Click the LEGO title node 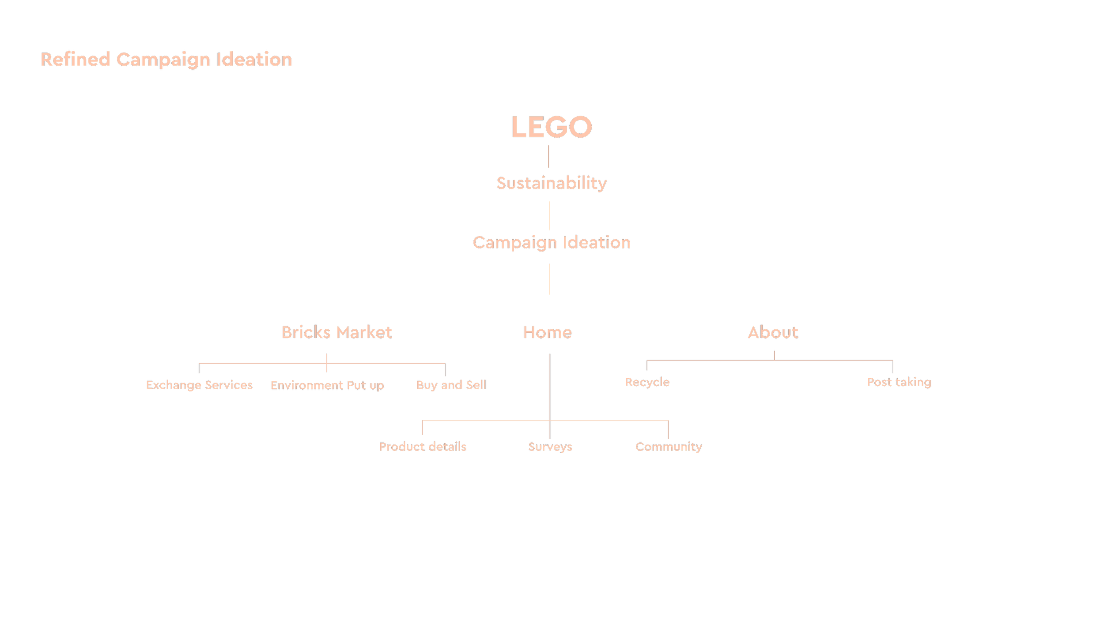[551, 127]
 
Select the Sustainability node [551, 183]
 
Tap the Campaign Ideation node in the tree [551, 243]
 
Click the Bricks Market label [336, 332]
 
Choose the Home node [547, 332]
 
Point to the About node [773, 332]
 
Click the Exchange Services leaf [199, 385]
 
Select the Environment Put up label [327, 385]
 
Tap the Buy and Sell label [451, 385]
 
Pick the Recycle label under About [647, 382]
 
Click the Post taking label [899, 382]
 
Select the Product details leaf [423, 447]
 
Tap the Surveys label [550, 447]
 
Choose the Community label [669, 447]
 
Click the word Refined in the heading [75, 60]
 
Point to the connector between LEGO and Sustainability [548, 157]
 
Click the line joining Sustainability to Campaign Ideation [549, 215]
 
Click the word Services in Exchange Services [228, 385]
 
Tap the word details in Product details [447, 447]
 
